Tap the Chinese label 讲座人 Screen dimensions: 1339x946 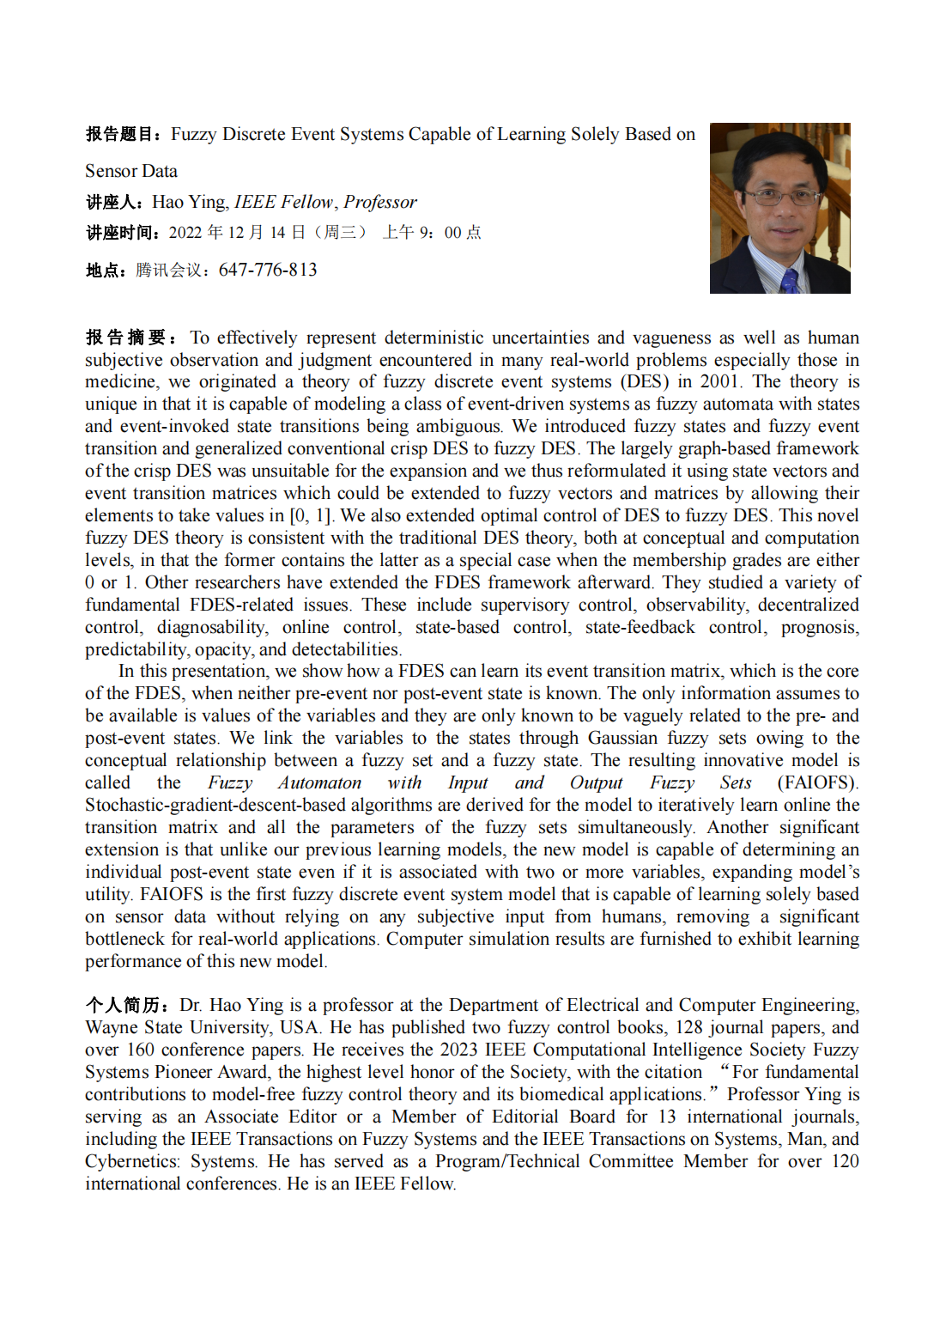click(x=111, y=203)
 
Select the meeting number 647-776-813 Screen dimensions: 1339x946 click(x=268, y=270)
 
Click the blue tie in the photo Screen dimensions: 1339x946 click(x=789, y=280)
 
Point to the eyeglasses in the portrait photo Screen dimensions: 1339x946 click(x=779, y=196)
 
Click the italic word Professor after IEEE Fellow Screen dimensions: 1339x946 click(x=380, y=203)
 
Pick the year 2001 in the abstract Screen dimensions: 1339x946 click(x=719, y=381)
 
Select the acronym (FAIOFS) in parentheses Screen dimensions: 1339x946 click(x=816, y=782)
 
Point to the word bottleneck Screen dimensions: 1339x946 click(x=124, y=939)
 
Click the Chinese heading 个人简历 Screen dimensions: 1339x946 click(x=124, y=1006)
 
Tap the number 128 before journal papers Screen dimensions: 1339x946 click(x=688, y=1027)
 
